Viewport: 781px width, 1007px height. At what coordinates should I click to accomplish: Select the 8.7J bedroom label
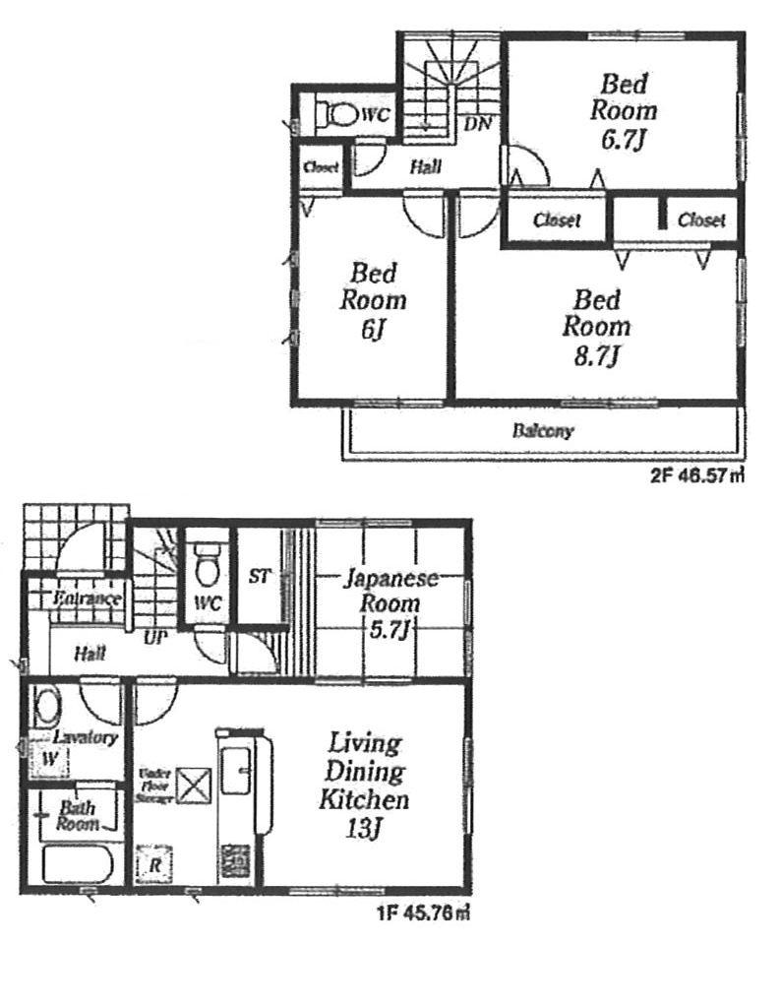pyautogui.click(x=596, y=326)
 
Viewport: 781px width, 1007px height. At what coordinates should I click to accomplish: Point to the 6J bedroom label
pyautogui.click(x=374, y=300)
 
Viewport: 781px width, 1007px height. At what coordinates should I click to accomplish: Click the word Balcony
pyautogui.click(x=542, y=431)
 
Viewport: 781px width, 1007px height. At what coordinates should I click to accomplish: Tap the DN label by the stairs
pyautogui.click(x=478, y=124)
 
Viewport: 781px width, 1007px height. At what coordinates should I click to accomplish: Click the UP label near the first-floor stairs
pyautogui.click(x=154, y=638)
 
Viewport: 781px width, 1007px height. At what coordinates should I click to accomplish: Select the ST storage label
pyautogui.click(x=259, y=576)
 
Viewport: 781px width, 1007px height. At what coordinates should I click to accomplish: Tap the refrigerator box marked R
pyautogui.click(x=153, y=865)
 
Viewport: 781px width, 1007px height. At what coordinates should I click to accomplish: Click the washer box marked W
pyautogui.click(x=47, y=760)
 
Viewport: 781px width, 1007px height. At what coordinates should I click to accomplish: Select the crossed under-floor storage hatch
pyautogui.click(x=191, y=786)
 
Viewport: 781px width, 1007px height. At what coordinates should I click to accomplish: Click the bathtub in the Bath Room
pyautogui.click(x=76, y=865)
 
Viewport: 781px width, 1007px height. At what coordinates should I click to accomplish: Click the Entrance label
pyautogui.click(x=87, y=598)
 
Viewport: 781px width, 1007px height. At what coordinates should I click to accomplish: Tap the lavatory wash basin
pyautogui.click(x=46, y=706)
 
